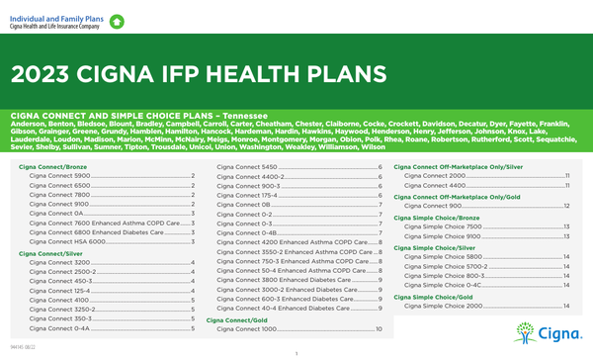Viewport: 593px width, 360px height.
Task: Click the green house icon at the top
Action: [x=118, y=20]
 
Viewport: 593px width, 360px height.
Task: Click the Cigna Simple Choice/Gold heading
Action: [x=434, y=296]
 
